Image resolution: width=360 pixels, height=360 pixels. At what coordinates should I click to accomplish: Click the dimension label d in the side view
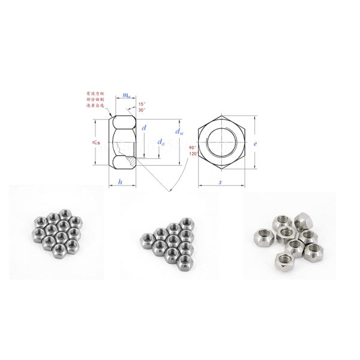tap(144, 128)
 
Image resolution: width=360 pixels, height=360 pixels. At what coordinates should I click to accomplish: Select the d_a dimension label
tap(161, 143)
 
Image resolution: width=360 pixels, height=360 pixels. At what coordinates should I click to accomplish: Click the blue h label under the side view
tap(121, 181)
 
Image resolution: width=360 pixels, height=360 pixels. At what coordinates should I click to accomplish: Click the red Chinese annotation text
tap(94, 99)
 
